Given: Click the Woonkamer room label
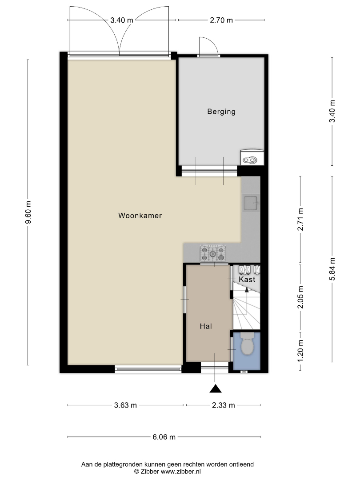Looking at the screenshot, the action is click(140, 216).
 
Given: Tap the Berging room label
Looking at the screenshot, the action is click(221, 112).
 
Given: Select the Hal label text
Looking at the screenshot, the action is click(206, 326).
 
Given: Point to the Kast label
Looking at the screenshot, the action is click(247, 279).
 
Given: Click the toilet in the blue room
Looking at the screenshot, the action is click(248, 344).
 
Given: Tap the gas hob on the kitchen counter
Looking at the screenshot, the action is click(213, 253).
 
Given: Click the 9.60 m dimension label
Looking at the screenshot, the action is click(28, 212).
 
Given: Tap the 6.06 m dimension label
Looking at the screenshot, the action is click(164, 437).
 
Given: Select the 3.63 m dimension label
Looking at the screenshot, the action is click(125, 405).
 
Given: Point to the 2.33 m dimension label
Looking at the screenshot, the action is click(224, 405).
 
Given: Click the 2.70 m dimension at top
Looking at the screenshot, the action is click(221, 20).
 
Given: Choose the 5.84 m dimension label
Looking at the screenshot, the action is click(332, 269).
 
